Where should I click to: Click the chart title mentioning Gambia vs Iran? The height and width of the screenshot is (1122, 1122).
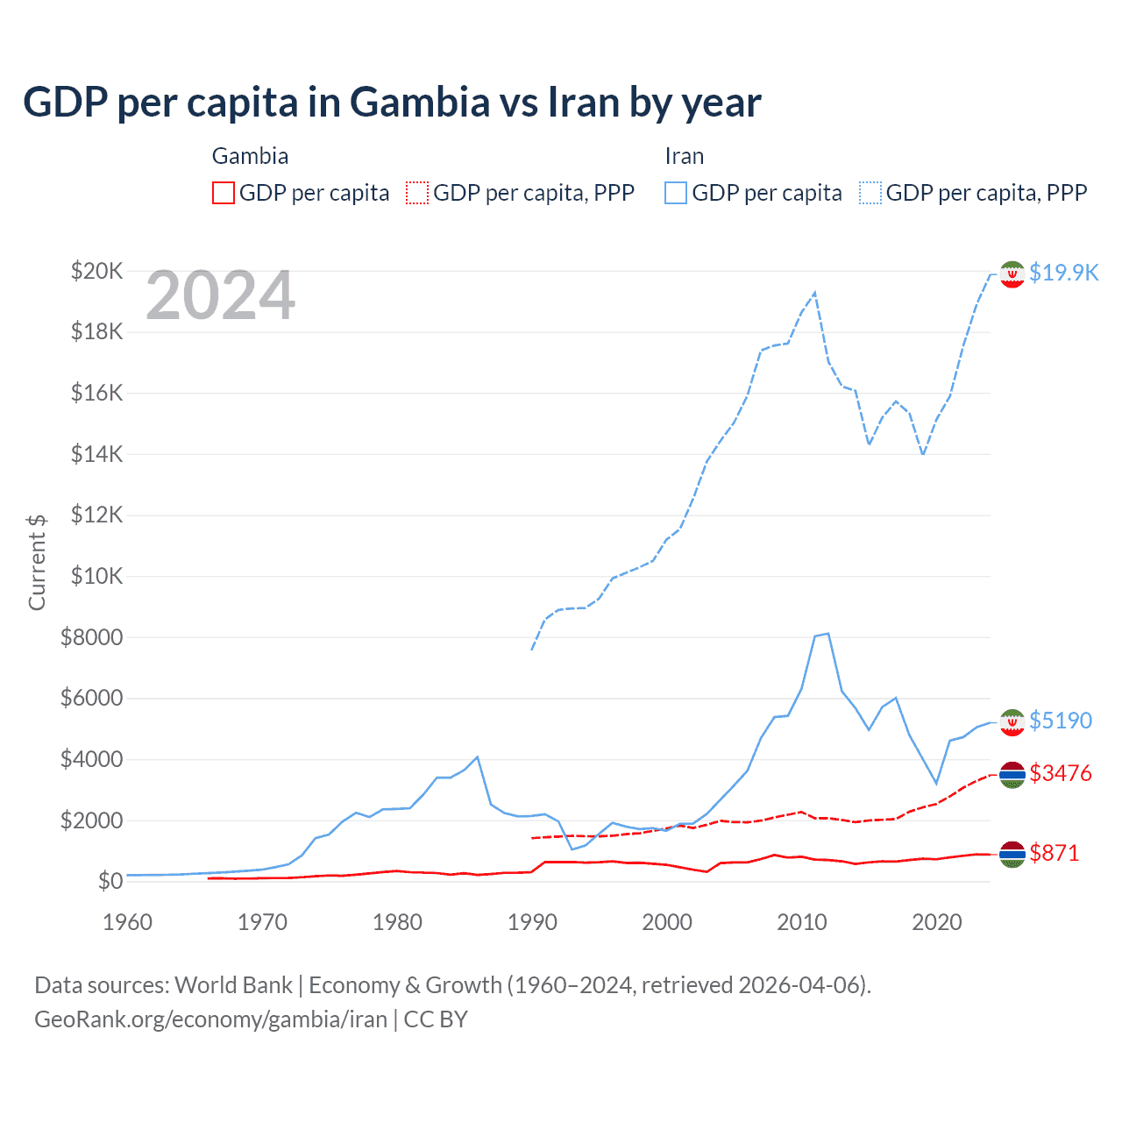click(392, 103)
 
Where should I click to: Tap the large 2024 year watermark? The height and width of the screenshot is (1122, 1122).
click(220, 296)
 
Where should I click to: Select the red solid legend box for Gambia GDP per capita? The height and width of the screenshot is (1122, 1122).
click(224, 193)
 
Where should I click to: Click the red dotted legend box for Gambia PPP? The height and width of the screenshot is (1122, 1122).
click(417, 193)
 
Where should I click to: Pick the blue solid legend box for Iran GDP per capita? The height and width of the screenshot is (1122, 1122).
click(676, 193)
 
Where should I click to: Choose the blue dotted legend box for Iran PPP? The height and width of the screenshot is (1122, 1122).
click(870, 193)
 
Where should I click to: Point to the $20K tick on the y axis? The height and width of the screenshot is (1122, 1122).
click(96, 271)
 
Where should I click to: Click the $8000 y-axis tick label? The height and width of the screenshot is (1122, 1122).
click(91, 637)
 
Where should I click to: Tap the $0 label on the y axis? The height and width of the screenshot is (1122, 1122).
click(110, 881)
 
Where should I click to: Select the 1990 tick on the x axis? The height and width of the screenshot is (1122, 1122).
click(532, 922)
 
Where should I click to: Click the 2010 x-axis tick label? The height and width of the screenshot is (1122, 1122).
click(802, 922)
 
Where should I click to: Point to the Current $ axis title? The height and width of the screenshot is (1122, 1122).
click(37, 562)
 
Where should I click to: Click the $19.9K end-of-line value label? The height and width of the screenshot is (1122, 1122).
click(1063, 273)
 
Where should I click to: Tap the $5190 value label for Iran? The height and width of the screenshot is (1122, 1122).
click(1061, 721)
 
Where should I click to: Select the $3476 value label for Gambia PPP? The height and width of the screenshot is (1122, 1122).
click(1061, 773)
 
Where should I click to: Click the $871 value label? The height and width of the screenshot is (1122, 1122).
click(1055, 853)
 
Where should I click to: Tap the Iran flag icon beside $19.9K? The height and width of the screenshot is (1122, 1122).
click(1012, 274)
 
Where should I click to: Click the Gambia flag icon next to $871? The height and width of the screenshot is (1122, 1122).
click(1012, 854)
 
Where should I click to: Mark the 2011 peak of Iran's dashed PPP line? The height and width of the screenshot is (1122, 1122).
click(815, 293)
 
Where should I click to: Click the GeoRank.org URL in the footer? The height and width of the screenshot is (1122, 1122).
click(210, 1019)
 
